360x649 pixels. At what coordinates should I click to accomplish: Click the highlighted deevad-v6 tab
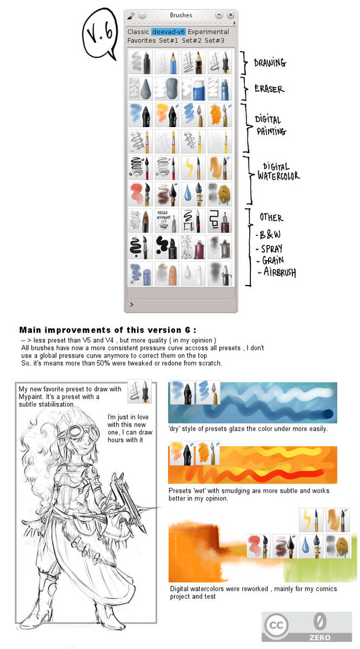pyautogui.click(x=168, y=32)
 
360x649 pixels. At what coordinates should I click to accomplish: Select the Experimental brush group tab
pyautogui.click(x=209, y=32)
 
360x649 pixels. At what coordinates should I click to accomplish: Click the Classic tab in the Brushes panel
pyautogui.click(x=138, y=32)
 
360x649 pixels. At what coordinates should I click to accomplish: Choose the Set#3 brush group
pyautogui.click(x=215, y=41)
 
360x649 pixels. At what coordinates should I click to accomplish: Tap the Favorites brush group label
pyautogui.click(x=142, y=41)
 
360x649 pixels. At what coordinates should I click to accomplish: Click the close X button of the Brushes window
pyautogui.click(x=231, y=15)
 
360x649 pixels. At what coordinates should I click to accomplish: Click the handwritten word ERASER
pyautogui.click(x=270, y=89)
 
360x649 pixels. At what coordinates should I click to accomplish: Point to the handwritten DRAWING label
pyautogui.click(x=270, y=63)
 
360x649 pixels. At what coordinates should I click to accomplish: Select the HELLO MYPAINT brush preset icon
pyautogui.click(x=166, y=221)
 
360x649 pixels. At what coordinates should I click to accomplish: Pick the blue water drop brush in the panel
pyautogui.click(x=193, y=194)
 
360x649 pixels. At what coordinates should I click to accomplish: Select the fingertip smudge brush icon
pyautogui.click(x=166, y=273)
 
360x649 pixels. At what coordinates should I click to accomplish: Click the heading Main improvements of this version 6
pyautogui.click(x=108, y=330)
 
